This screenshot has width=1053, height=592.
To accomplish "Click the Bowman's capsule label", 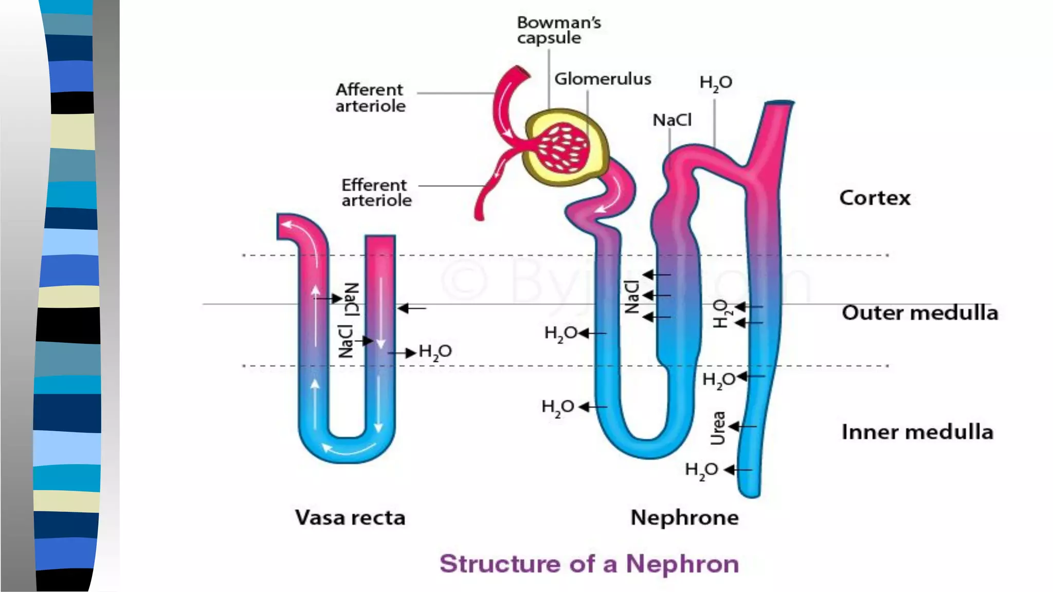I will (x=558, y=30).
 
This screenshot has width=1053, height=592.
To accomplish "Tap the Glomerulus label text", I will (x=602, y=79).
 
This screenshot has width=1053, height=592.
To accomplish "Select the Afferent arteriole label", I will (x=370, y=98).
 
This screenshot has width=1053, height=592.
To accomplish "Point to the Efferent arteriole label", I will (x=376, y=193).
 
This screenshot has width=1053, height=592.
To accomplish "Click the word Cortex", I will (x=875, y=198).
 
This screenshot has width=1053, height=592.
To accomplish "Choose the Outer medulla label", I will (x=919, y=312).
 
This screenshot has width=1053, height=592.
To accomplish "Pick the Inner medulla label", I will (x=917, y=432).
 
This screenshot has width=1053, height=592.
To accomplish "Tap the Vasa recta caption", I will (x=350, y=517).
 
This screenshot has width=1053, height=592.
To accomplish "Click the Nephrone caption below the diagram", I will (x=684, y=517).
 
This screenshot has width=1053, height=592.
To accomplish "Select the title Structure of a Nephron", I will (x=589, y=564).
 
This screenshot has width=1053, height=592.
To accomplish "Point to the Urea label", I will (x=718, y=428).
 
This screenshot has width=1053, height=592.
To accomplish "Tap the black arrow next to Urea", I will (x=742, y=427).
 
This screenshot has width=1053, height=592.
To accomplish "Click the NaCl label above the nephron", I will (x=671, y=120).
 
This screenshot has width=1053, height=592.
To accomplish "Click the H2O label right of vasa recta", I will (x=435, y=352).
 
